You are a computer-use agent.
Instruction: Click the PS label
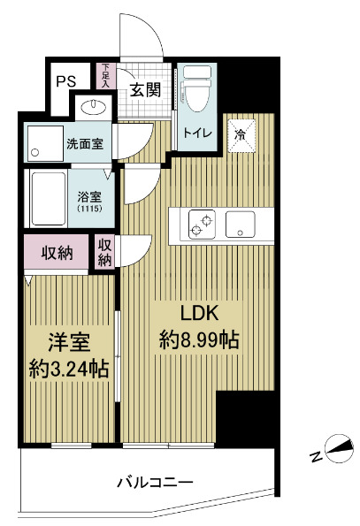(66, 80)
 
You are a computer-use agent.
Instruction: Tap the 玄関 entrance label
(144, 89)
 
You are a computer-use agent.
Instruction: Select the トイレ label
(195, 133)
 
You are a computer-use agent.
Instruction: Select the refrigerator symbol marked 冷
(240, 133)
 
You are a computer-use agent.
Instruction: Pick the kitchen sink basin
(240, 225)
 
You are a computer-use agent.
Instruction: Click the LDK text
(199, 313)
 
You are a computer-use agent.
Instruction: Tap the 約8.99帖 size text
(200, 339)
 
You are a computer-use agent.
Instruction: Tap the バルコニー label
(156, 483)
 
